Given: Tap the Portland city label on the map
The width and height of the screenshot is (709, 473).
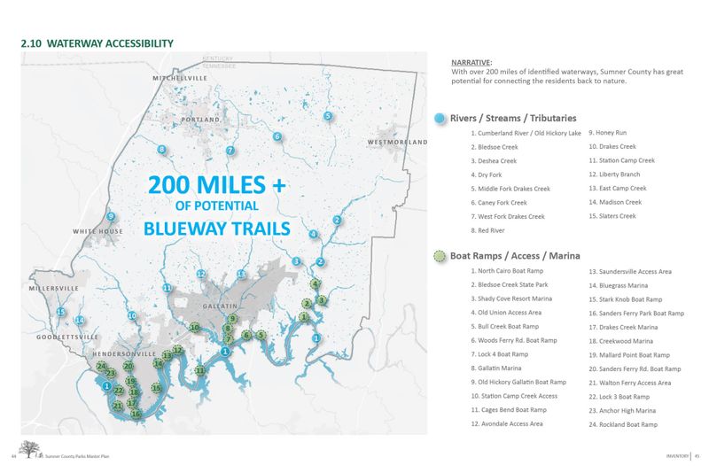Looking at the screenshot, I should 200,120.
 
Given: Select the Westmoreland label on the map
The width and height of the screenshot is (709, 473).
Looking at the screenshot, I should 397,142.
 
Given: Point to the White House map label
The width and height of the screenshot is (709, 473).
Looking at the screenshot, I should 98,232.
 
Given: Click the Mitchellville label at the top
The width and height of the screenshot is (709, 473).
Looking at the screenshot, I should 180,79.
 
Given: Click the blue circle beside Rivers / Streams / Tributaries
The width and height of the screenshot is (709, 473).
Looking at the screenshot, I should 439,118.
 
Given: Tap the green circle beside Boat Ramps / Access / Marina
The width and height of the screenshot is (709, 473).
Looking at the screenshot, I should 439,256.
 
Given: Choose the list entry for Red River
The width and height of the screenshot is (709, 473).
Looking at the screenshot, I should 490,230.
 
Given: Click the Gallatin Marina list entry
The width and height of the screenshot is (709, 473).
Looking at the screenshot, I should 499,368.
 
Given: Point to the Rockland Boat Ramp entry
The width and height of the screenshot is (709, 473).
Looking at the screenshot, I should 623,425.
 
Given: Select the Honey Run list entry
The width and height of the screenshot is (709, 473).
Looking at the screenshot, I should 608,133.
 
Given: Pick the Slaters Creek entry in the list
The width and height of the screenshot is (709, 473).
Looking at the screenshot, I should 612,216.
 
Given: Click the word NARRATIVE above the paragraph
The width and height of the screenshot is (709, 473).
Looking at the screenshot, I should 471,62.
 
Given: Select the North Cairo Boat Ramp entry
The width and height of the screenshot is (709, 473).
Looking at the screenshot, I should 511,270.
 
